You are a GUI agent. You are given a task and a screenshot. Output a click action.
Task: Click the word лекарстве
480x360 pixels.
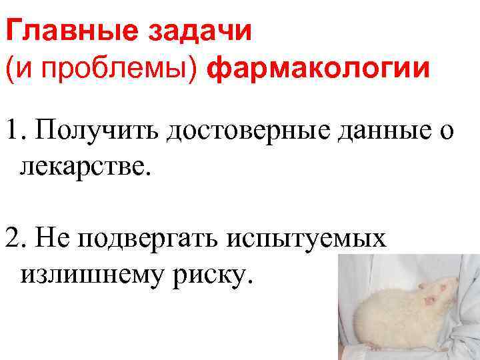tap(86, 164)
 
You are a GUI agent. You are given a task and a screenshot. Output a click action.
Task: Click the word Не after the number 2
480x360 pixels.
tap(52, 237)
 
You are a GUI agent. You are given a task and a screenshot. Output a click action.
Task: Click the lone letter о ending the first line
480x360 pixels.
tap(445, 132)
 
